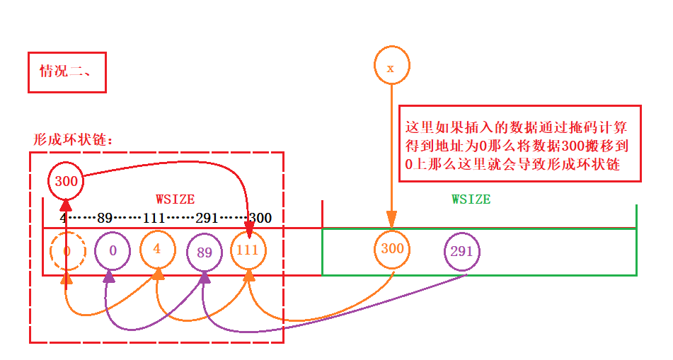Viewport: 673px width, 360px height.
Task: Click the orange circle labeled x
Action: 391,67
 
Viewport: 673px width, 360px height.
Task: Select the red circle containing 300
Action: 66,181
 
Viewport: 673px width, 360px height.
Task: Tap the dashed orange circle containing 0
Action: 67,250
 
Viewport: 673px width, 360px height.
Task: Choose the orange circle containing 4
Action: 157,249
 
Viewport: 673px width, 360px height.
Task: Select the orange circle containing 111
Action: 248,250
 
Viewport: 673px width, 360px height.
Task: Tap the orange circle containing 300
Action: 392,248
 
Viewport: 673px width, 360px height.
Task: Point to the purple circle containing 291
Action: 461,250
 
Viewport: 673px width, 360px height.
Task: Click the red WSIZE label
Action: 175,200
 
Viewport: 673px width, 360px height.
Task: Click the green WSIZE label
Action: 471,199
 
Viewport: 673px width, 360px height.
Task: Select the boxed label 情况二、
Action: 67,71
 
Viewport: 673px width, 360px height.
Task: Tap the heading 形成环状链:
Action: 74,139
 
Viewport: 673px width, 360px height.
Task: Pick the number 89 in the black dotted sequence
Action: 105,218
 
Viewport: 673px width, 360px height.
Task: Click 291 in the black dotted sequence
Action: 206,218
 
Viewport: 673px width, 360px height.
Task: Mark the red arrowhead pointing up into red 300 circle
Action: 66,204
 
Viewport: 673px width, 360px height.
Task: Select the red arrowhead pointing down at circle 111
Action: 249,224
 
